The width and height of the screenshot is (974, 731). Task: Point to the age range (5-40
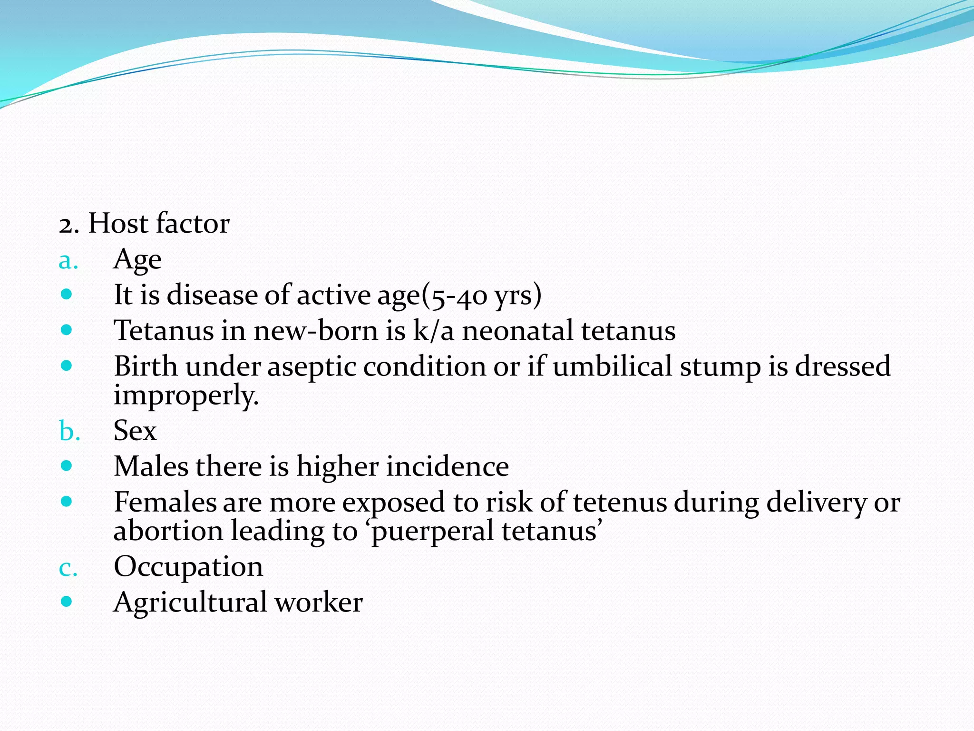coord(454,295)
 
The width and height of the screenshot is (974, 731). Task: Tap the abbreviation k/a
coord(433,330)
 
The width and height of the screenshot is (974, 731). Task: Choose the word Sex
coord(135,431)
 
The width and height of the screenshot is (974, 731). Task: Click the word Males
coord(151,466)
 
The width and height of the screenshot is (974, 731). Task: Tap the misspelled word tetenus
coord(620,502)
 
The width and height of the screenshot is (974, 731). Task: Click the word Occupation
coord(188,567)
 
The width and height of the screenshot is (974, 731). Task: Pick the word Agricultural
coord(190,603)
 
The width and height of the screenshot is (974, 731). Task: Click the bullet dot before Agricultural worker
coord(67,602)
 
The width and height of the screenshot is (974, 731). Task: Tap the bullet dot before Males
coord(67,465)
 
